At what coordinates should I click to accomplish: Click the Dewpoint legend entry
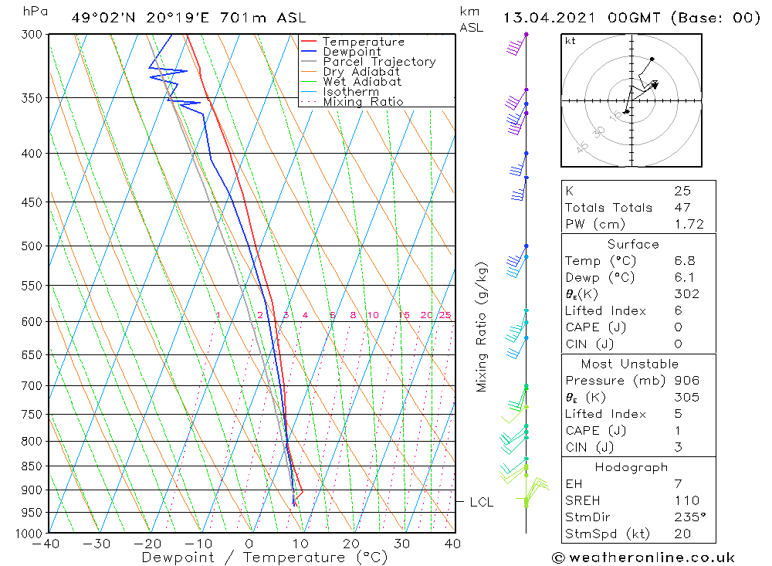(351, 52)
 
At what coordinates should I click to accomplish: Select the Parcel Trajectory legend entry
(379, 62)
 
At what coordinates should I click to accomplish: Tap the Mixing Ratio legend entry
(362, 101)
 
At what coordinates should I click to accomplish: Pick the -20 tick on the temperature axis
(147, 544)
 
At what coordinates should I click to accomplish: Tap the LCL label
(482, 502)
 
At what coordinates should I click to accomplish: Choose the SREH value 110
(685, 500)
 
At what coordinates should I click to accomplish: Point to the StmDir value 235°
(686, 517)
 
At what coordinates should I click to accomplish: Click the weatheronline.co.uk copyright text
(643, 558)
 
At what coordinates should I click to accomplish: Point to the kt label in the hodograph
(570, 41)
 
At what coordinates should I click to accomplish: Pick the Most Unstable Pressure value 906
(686, 381)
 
